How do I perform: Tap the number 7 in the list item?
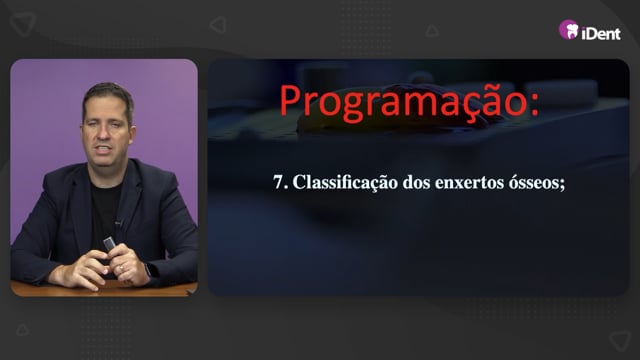click(278, 182)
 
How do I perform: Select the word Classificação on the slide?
click(345, 182)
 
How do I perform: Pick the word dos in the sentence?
click(416, 182)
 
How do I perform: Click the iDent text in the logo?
click(601, 33)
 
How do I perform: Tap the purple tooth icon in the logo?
click(569, 30)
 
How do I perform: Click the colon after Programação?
click(534, 105)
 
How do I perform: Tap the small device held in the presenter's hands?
click(109, 244)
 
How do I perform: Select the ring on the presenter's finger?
click(122, 268)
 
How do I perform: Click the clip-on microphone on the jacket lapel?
click(118, 223)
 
